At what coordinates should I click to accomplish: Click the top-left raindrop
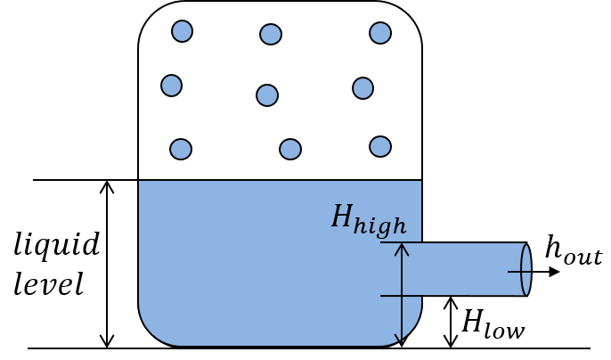tap(182, 31)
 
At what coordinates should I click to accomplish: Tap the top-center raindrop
tap(271, 34)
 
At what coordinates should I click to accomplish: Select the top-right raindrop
tap(380, 33)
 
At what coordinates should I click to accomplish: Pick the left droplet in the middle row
tap(172, 86)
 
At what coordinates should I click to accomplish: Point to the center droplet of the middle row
tap(267, 95)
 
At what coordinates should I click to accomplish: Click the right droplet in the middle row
tap(363, 88)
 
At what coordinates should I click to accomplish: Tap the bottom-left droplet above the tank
tap(181, 149)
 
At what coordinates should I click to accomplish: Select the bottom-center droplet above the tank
tap(290, 149)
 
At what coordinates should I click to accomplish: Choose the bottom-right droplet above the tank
tap(380, 146)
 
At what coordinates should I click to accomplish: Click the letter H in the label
tap(342, 217)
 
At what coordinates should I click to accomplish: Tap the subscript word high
tap(380, 226)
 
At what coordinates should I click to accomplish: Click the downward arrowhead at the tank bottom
tap(402, 340)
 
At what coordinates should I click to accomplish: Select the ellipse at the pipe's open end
tap(525, 270)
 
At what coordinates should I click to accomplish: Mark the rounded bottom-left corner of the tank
tap(153, 330)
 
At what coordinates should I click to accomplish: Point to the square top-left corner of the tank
tap(141, 183)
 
